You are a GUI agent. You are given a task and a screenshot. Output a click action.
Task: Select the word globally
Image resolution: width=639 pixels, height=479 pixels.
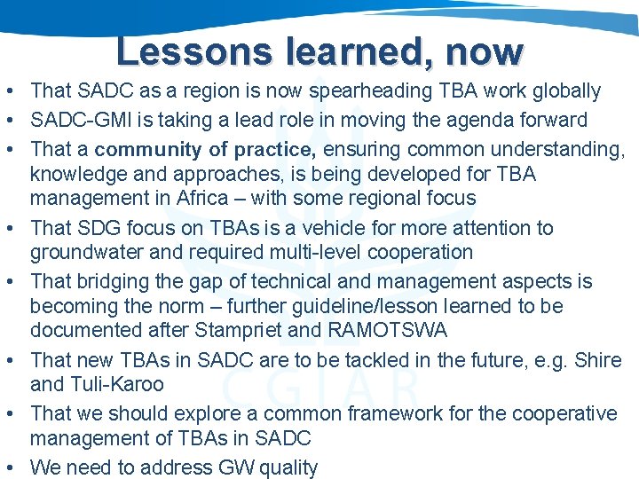pos(563,90)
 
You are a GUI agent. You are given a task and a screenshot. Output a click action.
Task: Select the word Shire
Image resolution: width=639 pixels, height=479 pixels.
pos(596,359)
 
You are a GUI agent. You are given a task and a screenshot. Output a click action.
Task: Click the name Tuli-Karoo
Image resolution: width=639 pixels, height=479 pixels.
pos(118,384)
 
